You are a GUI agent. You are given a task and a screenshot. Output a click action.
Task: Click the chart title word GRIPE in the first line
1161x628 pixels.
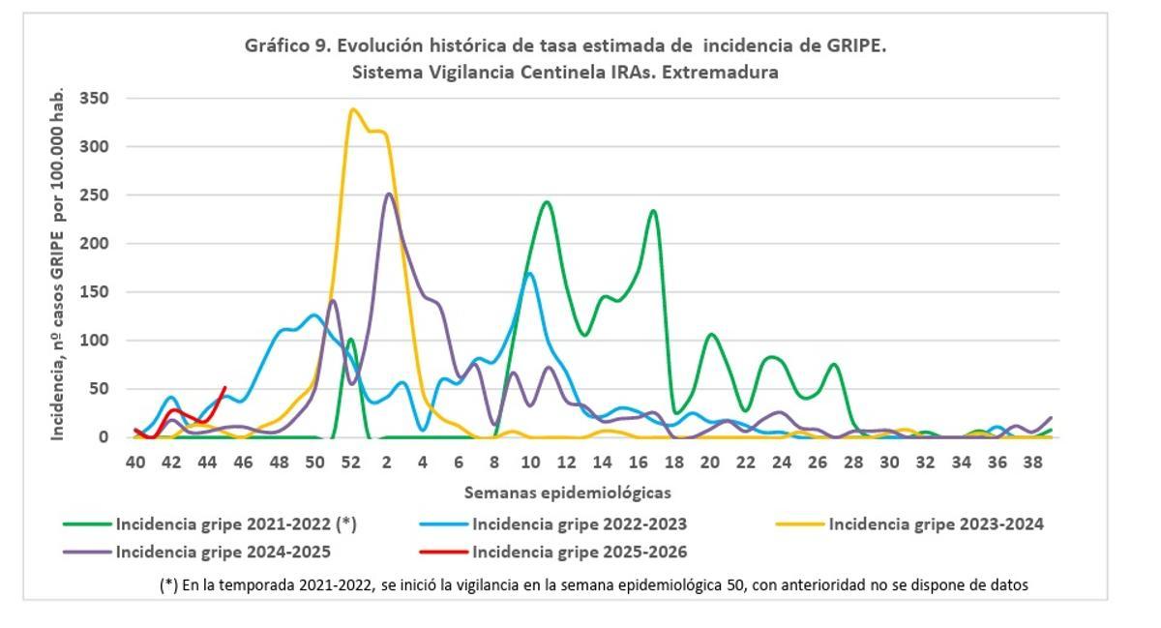(x=850, y=45)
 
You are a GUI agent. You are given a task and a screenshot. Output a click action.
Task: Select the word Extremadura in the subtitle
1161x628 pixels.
(x=725, y=73)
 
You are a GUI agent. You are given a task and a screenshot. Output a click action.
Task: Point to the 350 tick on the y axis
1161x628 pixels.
(x=94, y=99)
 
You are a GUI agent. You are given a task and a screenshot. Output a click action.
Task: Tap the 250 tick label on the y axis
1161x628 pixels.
(x=94, y=195)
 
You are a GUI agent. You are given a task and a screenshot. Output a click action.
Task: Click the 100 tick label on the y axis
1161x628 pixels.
(x=94, y=341)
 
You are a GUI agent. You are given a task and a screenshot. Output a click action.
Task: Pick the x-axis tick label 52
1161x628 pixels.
(x=350, y=464)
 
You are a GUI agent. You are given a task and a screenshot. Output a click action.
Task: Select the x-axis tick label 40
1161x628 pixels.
(x=135, y=464)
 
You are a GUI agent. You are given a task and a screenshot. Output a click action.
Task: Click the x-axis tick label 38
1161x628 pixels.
(x=1032, y=464)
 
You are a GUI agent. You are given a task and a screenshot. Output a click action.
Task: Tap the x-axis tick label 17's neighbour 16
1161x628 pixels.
(x=638, y=464)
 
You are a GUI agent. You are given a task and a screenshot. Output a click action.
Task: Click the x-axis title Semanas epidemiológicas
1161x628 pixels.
(x=567, y=493)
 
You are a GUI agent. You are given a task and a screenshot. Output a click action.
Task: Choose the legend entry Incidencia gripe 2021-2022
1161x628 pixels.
(x=236, y=524)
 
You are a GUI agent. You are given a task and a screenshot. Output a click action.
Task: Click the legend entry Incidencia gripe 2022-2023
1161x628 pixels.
(x=580, y=524)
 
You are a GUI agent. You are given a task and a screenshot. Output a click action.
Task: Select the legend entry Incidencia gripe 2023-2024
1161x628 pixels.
(x=936, y=524)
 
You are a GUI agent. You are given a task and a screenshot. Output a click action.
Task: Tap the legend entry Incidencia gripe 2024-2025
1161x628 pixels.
(x=223, y=553)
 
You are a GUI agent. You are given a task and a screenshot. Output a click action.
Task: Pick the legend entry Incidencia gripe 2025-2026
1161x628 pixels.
(x=580, y=553)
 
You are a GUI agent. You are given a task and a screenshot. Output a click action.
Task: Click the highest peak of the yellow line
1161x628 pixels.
(x=352, y=109)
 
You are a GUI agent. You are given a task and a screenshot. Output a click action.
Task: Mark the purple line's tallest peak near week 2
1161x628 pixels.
(x=389, y=194)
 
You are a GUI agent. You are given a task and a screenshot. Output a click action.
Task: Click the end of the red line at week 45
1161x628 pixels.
(x=225, y=388)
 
